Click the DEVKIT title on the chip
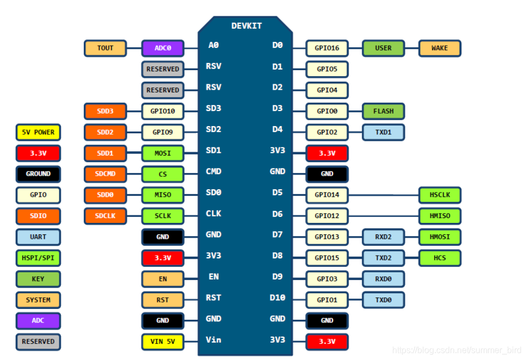click(246, 26)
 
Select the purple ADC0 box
click(162, 48)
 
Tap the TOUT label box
click(105, 48)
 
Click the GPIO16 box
click(327, 48)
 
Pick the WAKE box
click(440, 48)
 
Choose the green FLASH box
click(383, 111)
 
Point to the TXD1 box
click(383, 132)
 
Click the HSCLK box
click(440, 195)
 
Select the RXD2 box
click(383, 237)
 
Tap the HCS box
click(440, 258)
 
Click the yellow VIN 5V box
click(162, 342)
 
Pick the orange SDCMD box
click(105, 174)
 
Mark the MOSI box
click(162, 153)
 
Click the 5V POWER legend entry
click(38, 132)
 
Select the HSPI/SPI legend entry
click(38, 258)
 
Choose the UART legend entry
click(38, 237)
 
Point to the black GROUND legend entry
click(38, 174)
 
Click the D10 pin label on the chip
click(277, 297)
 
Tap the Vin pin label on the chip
click(213, 340)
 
